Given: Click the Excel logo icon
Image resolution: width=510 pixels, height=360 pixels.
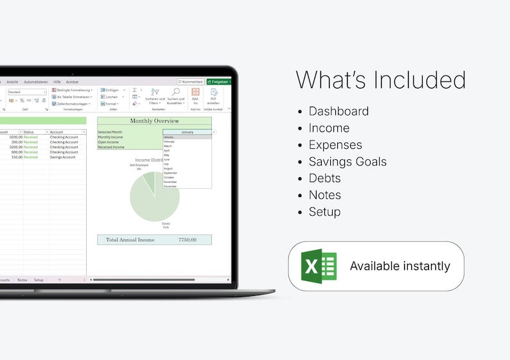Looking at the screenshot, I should [319, 266].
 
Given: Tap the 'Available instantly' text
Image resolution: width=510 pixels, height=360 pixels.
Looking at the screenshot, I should [400, 266].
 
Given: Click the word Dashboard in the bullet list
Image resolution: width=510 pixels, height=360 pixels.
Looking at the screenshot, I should [339, 111].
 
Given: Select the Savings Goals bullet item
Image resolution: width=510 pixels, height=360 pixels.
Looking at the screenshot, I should [347, 161].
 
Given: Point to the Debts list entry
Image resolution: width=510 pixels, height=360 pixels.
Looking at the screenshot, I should [324, 178].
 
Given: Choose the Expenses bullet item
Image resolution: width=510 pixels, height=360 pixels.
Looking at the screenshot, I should [335, 144].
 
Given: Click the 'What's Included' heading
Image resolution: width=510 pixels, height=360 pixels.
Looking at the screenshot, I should [380, 80].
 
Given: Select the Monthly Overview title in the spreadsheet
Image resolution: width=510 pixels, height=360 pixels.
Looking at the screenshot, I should [154, 121].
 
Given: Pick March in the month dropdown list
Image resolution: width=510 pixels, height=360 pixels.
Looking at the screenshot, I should [168, 146].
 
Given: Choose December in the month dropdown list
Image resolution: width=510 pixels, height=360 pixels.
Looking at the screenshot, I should [170, 186].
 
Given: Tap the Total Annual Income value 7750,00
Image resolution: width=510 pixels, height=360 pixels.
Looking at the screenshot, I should [187, 239].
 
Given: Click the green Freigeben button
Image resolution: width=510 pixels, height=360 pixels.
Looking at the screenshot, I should [219, 82].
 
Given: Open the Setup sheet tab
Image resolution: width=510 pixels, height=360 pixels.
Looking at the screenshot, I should [39, 280].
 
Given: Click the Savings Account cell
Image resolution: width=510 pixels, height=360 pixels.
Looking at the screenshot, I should [64, 157].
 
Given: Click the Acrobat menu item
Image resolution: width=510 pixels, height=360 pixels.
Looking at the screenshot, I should [72, 82].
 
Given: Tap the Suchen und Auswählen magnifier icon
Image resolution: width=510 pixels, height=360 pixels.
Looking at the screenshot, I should [176, 92].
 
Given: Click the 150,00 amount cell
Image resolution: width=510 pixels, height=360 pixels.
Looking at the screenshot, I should [17, 157].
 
